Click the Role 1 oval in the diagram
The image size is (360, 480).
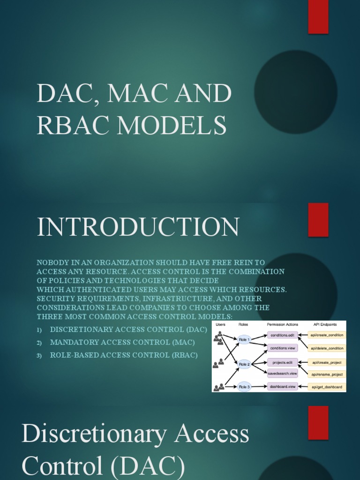coord(244,339)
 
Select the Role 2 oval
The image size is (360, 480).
coord(244,364)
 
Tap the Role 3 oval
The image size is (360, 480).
coord(244,387)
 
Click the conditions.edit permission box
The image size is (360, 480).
coord(282,335)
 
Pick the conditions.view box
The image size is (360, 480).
coord(282,348)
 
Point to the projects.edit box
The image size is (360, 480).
coord(282,362)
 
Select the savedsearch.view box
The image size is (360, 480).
coord(282,374)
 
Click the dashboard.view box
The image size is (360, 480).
coord(282,387)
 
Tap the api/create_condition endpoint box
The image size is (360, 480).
coord(327,335)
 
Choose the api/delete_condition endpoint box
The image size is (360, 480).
coord(327,348)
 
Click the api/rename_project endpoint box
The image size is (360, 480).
coord(327,374)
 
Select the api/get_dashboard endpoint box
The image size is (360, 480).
coord(327,387)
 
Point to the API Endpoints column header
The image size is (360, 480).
coord(327,324)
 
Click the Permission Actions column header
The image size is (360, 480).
coord(282,324)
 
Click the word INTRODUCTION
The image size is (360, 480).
coord(138,227)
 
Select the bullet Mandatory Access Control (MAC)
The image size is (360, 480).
coord(122,342)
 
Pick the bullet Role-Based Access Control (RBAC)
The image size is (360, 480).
coord(124,355)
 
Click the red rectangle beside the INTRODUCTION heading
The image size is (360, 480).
coord(318,220)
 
